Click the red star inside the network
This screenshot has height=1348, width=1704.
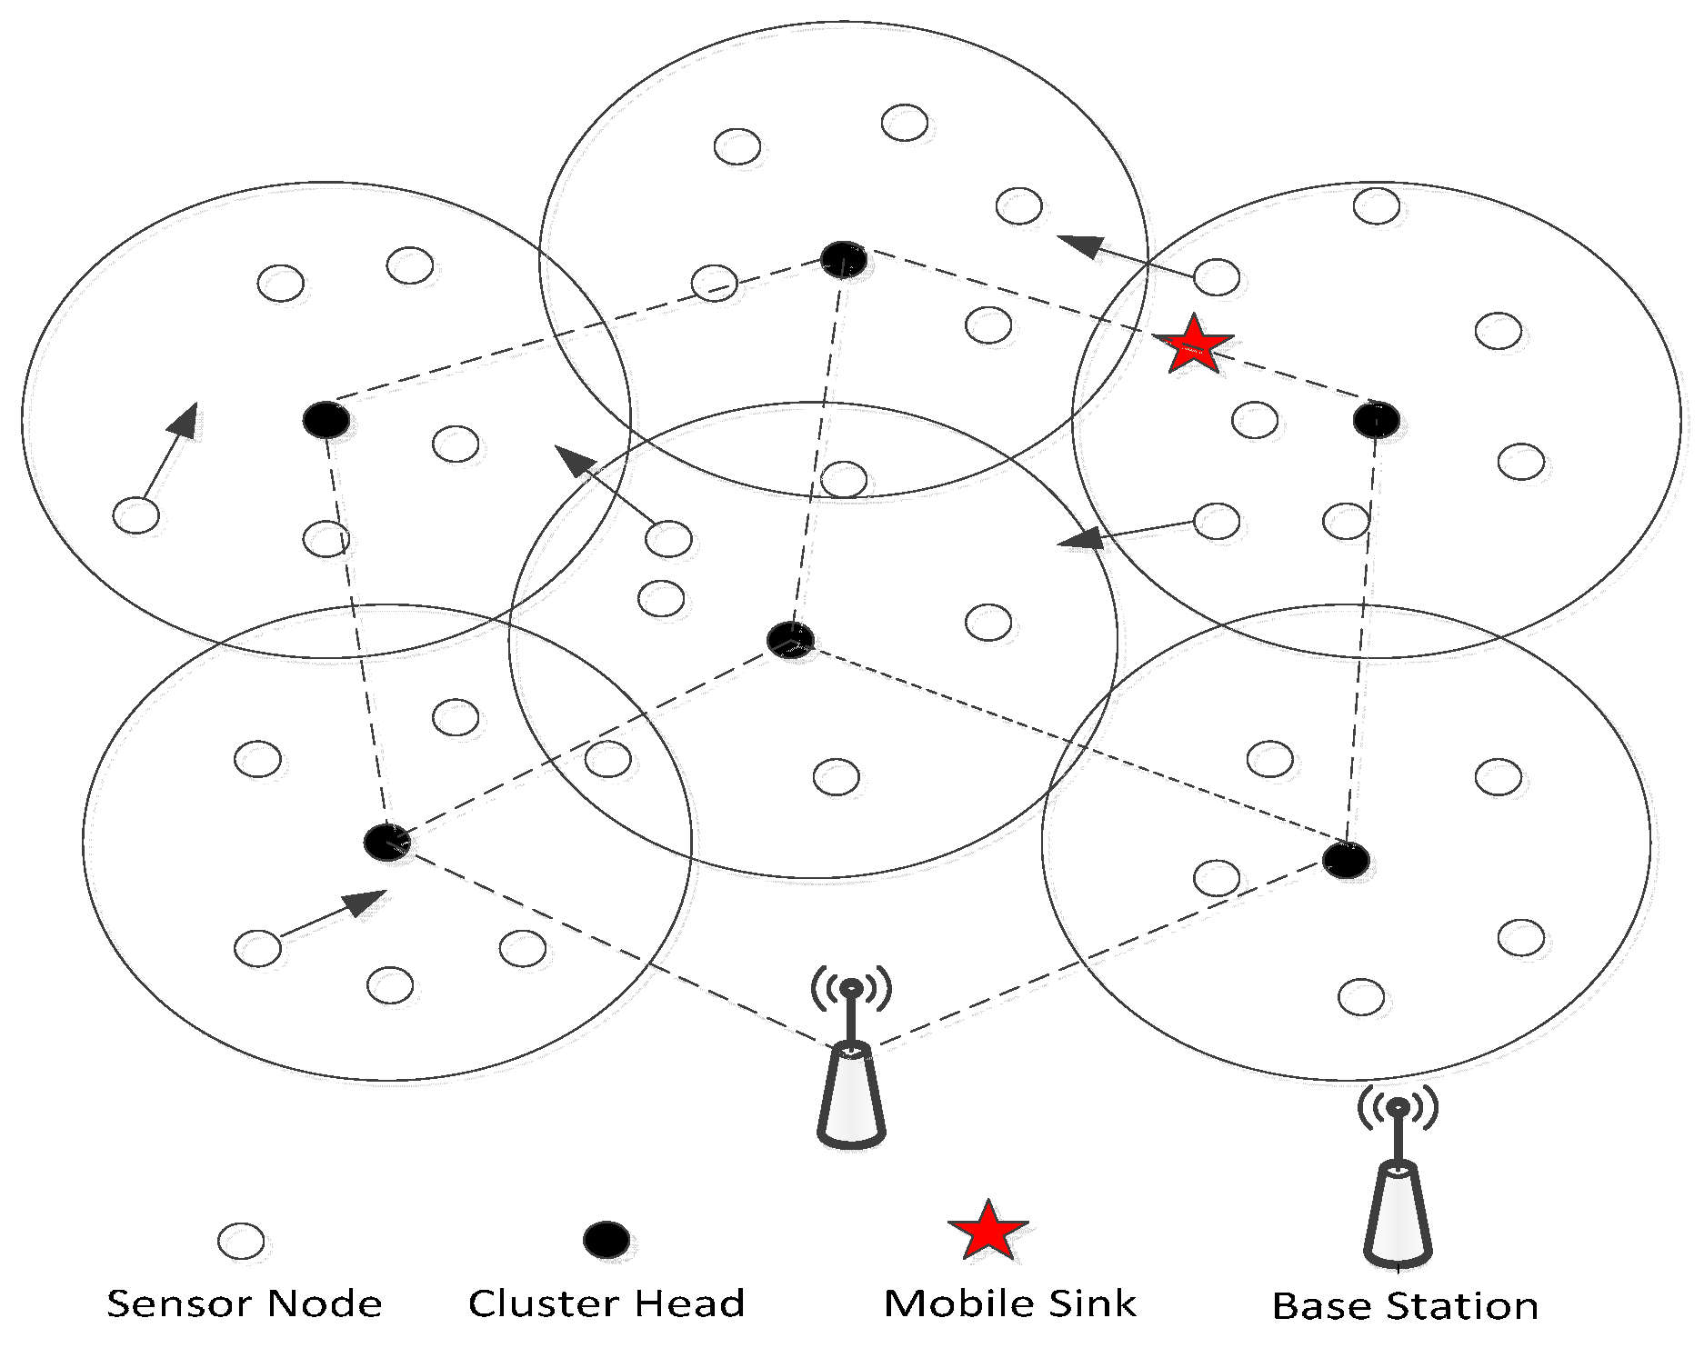coord(1193,345)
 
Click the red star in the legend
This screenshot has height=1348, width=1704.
coord(987,1232)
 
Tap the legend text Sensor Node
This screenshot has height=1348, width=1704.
coord(245,1304)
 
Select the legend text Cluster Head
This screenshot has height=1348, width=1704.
coord(606,1303)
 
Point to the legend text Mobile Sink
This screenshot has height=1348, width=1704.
coord(1010,1303)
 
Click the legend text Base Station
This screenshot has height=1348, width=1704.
coord(1405,1306)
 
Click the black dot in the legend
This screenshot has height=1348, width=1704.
coord(606,1240)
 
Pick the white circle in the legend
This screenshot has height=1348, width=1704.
coord(241,1241)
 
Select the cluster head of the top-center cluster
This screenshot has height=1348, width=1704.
coord(844,260)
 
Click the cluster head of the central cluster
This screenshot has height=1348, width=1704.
coord(790,640)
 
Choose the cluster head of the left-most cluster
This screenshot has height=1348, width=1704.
coord(326,420)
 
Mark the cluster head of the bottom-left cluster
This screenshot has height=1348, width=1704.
coord(387,843)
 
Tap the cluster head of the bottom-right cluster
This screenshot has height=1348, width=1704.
coord(1346,860)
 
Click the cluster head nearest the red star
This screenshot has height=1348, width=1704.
coord(1376,420)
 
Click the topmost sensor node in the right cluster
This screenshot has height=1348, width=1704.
coord(1376,205)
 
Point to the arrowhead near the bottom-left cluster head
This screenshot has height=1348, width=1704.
coord(366,902)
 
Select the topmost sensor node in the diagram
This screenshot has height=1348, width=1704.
coord(905,123)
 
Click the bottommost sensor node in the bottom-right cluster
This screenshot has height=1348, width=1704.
coord(1361,997)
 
